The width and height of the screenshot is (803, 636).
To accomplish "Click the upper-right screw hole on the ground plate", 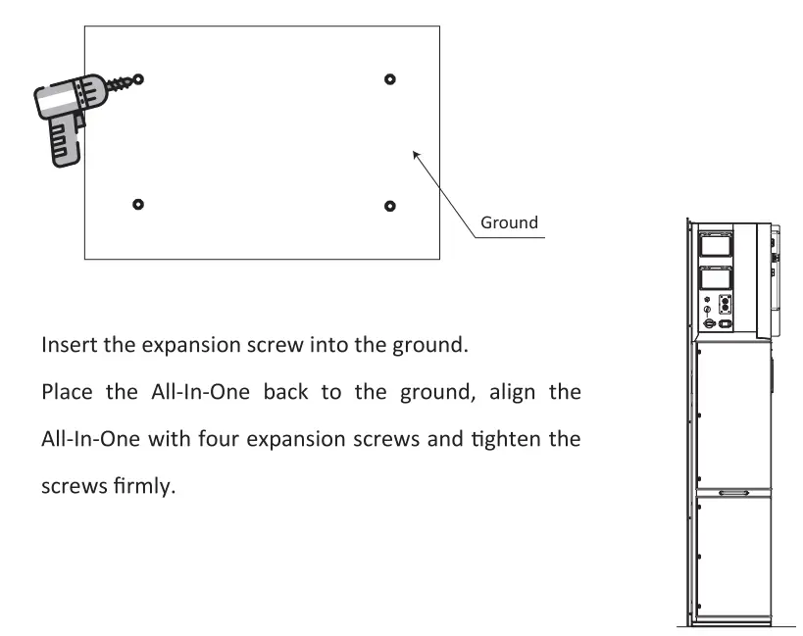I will [x=390, y=78].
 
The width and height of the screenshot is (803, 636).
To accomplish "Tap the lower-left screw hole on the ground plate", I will [x=137, y=204].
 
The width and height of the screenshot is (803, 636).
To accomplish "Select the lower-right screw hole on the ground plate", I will [x=390, y=205].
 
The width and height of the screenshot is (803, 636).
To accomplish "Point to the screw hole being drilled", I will [x=137, y=78].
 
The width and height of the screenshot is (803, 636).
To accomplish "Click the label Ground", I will [x=508, y=222].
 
